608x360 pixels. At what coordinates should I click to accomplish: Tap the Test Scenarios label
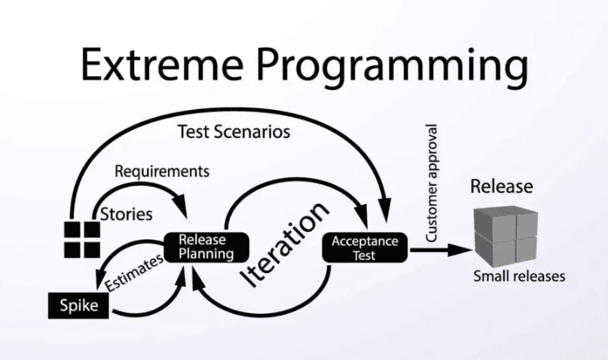[234, 132]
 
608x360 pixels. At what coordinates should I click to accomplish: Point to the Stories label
[127, 214]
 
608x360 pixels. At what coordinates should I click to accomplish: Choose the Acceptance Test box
[365, 247]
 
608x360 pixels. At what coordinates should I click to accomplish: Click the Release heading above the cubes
[501, 186]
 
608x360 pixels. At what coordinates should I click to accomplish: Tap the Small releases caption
[518, 276]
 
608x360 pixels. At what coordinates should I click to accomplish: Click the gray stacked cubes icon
[505, 234]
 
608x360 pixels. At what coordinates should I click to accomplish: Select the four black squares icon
[81, 239]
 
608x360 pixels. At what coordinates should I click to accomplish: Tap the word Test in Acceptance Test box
[365, 254]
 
